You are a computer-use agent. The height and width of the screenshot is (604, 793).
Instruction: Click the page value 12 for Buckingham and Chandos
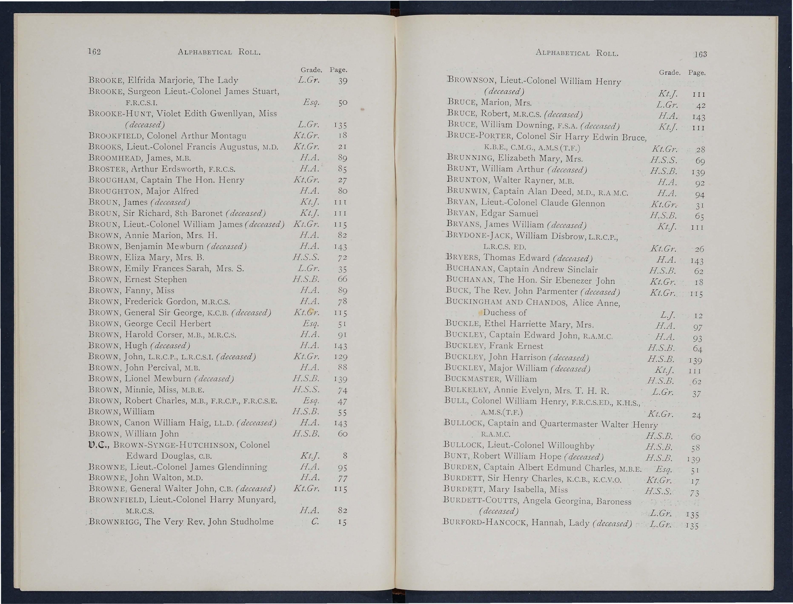(698, 316)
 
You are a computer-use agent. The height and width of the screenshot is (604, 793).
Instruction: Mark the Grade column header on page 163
(669, 73)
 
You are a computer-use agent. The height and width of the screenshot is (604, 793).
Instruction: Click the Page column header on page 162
(338, 70)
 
